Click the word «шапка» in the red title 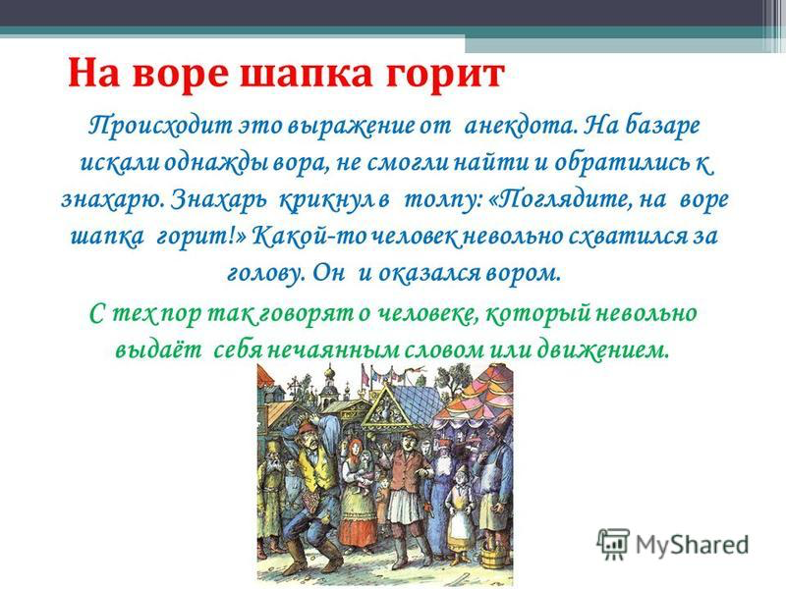[307, 75]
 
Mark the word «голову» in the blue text [265, 274]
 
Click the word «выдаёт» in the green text [158, 350]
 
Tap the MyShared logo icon [612, 543]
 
